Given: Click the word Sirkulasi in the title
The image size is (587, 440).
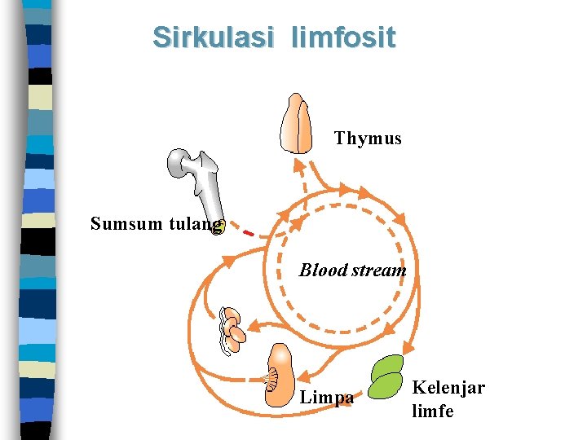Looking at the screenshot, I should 200,37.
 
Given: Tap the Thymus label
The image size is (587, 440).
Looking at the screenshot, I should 368,139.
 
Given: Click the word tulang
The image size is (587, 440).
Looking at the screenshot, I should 194,223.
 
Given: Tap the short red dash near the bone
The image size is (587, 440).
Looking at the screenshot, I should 249,234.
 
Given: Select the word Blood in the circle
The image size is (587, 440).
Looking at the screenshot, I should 323,270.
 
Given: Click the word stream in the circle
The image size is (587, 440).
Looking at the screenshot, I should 377,270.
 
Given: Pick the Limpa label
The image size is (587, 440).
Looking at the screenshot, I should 327,398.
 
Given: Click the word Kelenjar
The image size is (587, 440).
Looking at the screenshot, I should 448,388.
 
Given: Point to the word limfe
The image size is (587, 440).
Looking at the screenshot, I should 433,411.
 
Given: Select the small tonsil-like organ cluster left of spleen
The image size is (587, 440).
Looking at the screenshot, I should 232,330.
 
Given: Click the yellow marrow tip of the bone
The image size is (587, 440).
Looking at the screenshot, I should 218,228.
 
